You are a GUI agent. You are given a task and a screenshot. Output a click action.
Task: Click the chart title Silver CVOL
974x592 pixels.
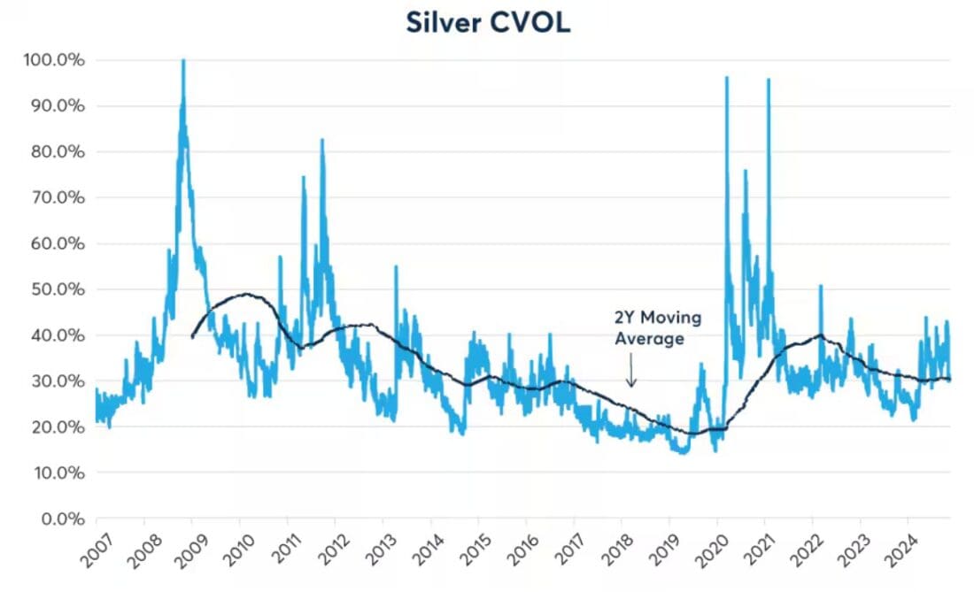tap(488, 22)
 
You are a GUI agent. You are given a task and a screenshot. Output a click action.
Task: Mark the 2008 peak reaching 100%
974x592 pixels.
tap(183, 61)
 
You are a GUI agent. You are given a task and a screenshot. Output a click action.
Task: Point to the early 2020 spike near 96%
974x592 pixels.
tap(727, 78)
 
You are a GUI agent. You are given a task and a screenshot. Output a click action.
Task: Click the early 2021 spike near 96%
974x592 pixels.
tap(769, 81)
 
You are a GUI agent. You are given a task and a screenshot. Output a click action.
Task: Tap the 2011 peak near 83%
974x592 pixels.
tap(321, 140)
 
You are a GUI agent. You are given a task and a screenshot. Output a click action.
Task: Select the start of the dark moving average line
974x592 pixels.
tap(192, 336)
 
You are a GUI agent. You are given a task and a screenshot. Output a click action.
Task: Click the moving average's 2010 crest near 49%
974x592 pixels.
tap(243, 294)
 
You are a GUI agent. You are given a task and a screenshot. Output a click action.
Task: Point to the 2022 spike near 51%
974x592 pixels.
tap(821, 286)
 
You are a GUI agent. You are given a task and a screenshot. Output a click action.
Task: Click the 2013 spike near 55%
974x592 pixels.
tap(396, 266)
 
